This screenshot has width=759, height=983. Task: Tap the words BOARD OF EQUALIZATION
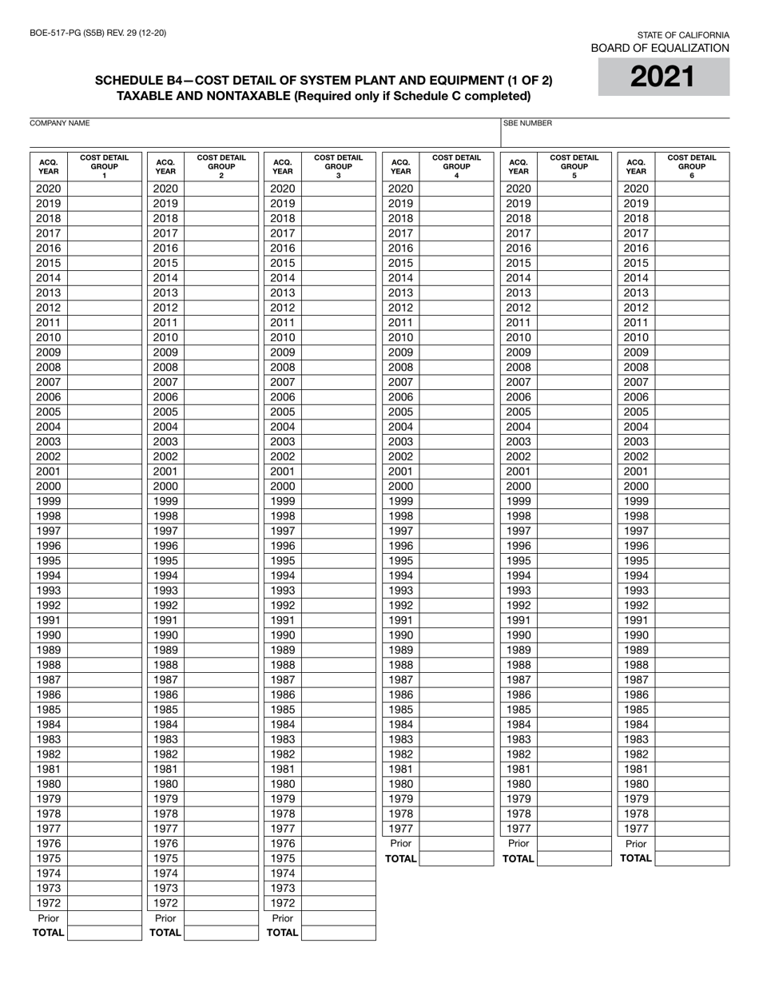coord(659,48)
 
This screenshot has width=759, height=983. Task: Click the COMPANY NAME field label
coord(60,124)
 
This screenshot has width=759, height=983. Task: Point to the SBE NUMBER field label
coord(527,124)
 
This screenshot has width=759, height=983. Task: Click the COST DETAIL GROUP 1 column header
coord(104,166)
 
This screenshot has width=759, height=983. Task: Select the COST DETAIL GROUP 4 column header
coord(456,166)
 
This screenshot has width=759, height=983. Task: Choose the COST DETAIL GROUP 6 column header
coord(692,166)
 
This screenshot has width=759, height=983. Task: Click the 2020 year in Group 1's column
coord(48,189)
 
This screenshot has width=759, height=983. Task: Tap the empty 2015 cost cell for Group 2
coord(221,263)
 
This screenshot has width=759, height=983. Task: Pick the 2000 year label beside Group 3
coord(283,486)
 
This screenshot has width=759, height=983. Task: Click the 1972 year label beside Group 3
coord(283,903)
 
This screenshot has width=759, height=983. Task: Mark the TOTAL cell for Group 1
coord(104,933)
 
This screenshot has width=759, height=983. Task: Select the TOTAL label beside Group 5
coord(519,858)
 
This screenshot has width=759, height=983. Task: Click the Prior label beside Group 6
coord(636,843)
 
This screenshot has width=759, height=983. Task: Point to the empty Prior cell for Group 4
coord(456,843)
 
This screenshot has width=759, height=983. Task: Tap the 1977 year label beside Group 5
coord(519,829)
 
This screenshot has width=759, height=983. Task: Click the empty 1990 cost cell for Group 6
coord(692,635)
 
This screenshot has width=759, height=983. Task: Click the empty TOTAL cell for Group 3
coord(338,933)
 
